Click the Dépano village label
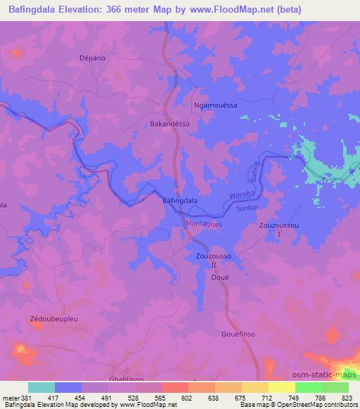click(x=93, y=58)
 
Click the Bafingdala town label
click(x=179, y=200)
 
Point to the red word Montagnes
click(x=203, y=223)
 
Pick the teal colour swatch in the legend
click(x=41, y=387)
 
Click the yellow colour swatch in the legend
click(x=282, y=387)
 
